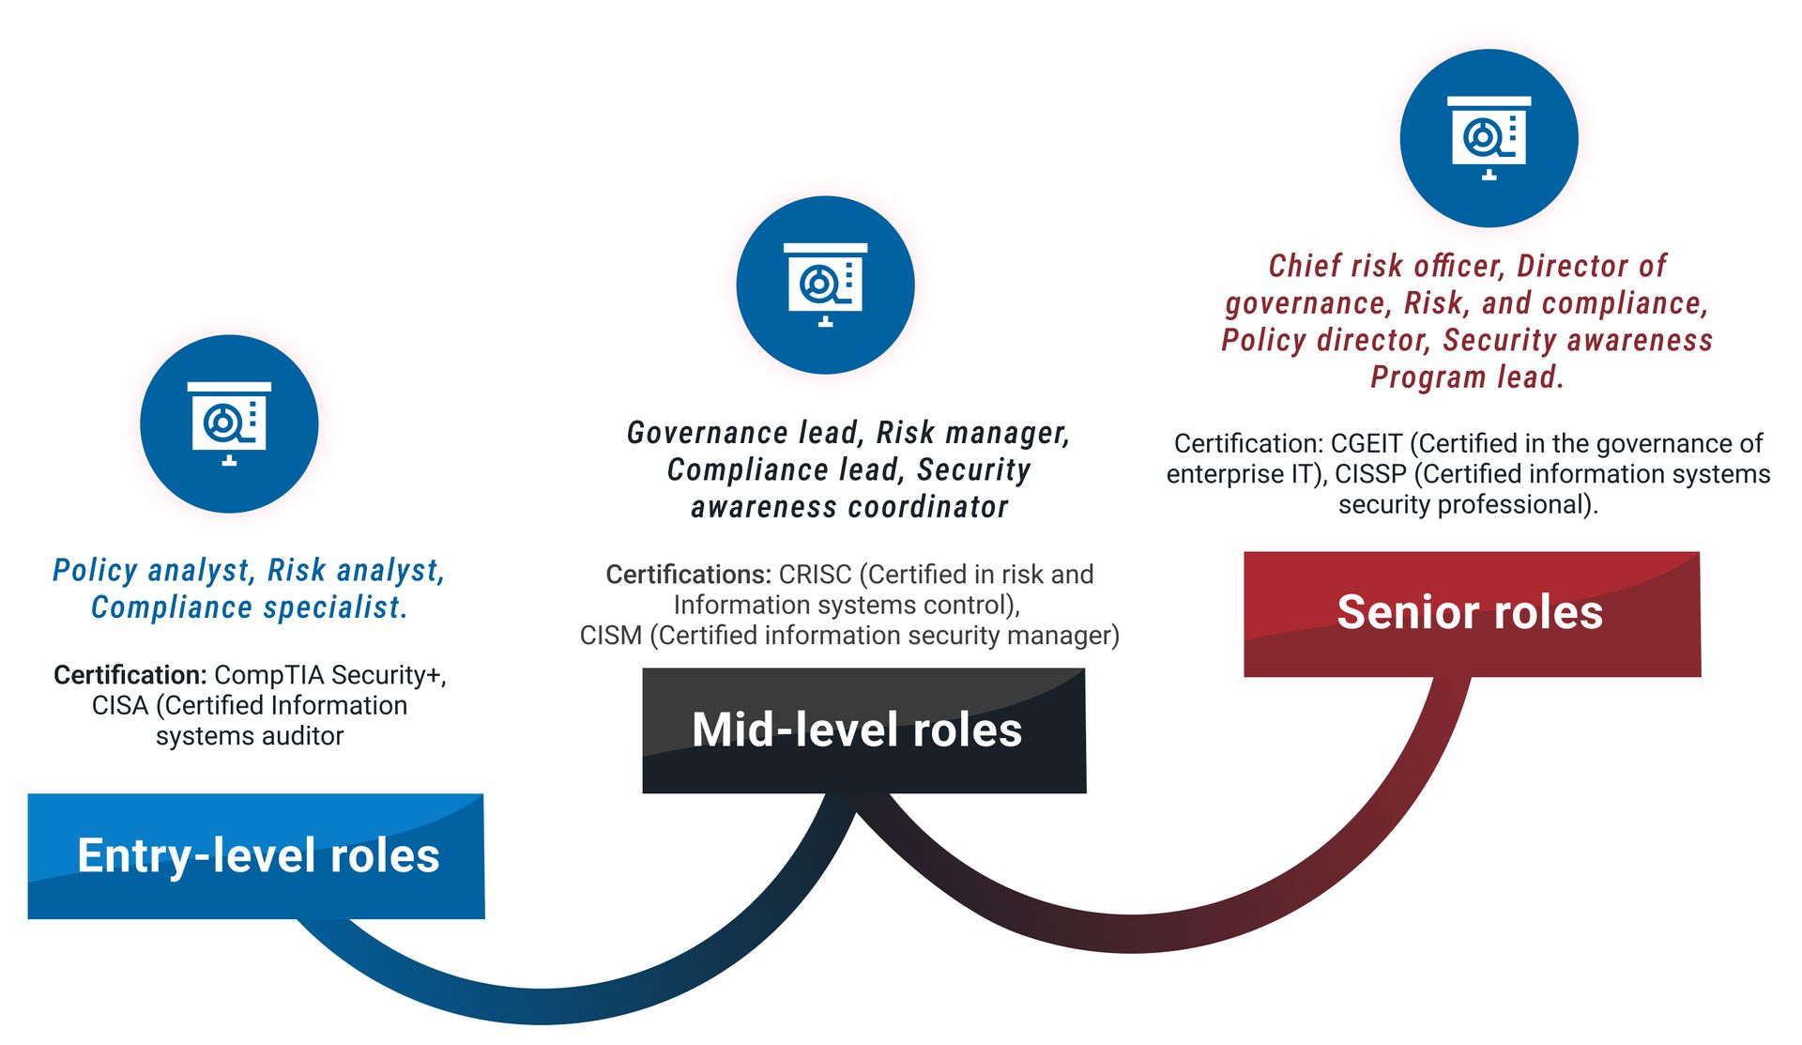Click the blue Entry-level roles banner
[x=256, y=855]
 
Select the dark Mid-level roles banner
[x=863, y=730]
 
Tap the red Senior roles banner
[x=1472, y=613]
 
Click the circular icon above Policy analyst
[x=229, y=423]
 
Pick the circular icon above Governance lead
[x=825, y=284]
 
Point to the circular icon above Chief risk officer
[x=1489, y=138]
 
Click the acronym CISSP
[x=1370, y=474]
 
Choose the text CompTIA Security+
[x=328, y=675]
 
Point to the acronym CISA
[x=119, y=706]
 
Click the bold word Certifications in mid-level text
[x=687, y=575]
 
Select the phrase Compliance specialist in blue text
[x=249, y=607]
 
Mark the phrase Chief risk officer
[x=1386, y=266]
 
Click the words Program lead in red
[x=1466, y=377]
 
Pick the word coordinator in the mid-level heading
[x=928, y=507]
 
